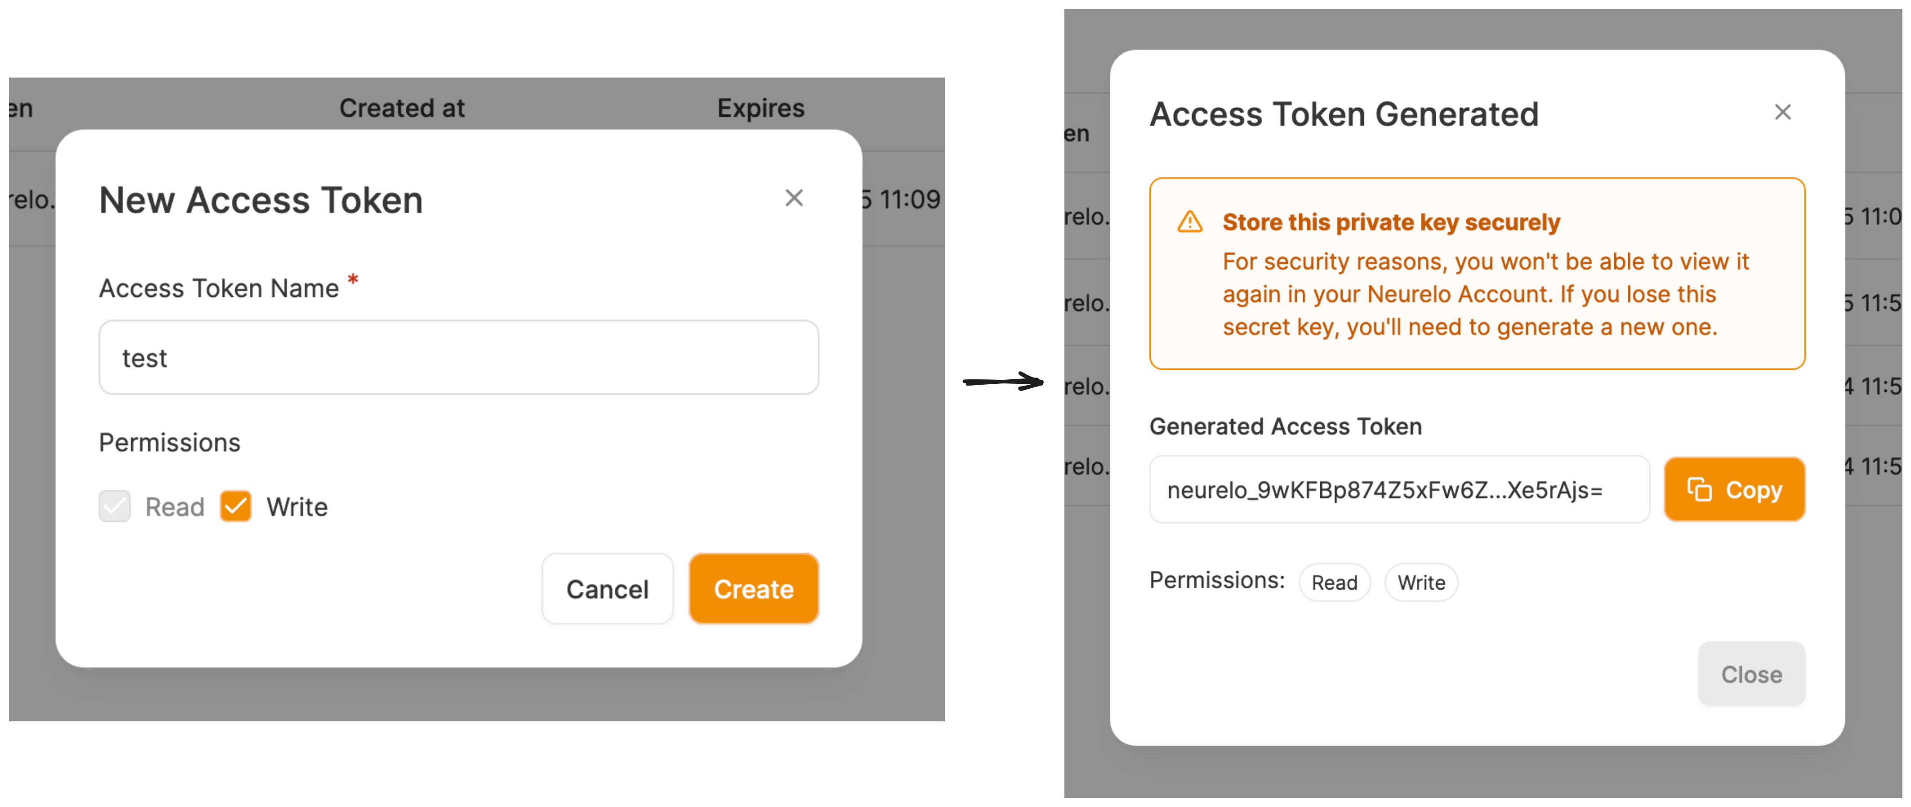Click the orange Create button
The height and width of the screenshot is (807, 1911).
click(x=753, y=589)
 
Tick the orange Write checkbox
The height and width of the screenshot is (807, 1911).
click(x=236, y=507)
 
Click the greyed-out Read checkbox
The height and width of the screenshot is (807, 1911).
click(x=115, y=507)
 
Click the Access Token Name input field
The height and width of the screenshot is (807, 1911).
click(x=459, y=357)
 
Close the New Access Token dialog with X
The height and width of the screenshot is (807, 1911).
click(x=794, y=198)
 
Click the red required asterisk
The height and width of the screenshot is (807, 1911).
click(x=353, y=280)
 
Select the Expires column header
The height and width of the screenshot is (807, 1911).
click(x=760, y=108)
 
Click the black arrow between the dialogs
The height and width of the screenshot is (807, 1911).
click(x=1003, y=382)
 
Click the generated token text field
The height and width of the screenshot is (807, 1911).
click(x=1398, y=490)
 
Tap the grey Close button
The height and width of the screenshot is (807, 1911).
click(x=1751, y=674)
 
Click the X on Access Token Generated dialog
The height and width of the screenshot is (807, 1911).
click(x=1782, y=112)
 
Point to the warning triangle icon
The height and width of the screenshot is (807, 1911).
click(x=1190, y=222)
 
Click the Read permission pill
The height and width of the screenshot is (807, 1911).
click(x=1334, y=582)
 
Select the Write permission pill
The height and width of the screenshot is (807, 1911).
click(x=1421, y=582)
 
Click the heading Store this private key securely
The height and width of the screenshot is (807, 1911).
click(x=1391, y=222)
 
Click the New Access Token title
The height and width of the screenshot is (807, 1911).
click(x=261, y=200)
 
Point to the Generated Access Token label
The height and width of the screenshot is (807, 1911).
click(x=1285, y=426)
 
